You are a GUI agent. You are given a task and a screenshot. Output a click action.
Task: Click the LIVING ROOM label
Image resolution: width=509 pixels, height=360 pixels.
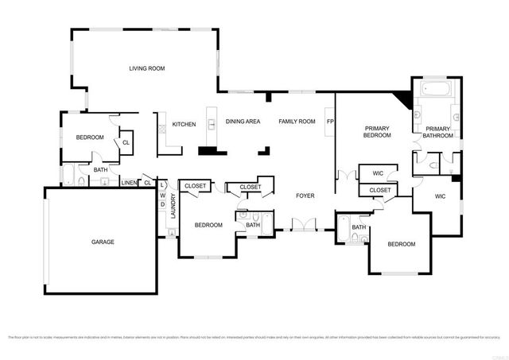(x=147, y=69)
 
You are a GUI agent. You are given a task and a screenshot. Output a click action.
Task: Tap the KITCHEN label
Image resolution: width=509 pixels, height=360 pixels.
(x=185, y=125)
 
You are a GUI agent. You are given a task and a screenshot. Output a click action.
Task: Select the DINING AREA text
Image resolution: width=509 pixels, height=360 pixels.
(x=243, y=122)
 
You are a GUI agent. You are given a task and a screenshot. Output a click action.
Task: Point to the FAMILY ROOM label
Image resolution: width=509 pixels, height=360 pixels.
(x=296, y=122)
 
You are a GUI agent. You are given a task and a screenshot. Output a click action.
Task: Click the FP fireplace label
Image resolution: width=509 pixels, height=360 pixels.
(x=329, y=122)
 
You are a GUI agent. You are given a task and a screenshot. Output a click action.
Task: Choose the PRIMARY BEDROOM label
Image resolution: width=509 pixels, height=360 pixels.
(x=377, y=132)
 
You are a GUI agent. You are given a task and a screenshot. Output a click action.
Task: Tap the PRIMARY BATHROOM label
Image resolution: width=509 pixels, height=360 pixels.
(x=438, y=132)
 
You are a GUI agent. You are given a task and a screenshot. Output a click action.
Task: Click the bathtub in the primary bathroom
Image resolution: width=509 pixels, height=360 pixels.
(x=435, y=89)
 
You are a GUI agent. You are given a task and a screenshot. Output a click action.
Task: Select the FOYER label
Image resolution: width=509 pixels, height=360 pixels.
(x=305, y=195)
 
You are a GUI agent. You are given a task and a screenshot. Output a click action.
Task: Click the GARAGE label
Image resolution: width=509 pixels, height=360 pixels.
(x=103, y=242)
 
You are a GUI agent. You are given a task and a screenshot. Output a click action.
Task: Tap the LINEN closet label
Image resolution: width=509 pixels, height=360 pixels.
(x=129, y=183)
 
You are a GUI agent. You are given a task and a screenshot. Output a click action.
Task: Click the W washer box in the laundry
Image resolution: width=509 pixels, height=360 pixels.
(x=162, y=195)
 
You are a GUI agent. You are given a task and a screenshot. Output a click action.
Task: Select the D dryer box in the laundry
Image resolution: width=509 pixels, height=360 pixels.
(x=162, y=204)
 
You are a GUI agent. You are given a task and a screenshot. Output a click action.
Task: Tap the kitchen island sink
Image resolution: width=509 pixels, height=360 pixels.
(x=212, y=123)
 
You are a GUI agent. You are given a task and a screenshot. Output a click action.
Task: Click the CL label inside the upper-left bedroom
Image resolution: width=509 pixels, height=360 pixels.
(x=126, y=143)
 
